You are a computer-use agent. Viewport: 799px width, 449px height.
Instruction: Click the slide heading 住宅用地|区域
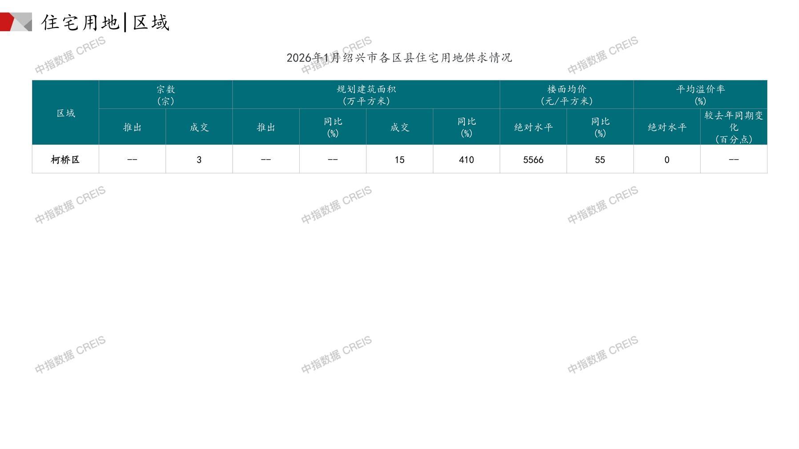[105, 23]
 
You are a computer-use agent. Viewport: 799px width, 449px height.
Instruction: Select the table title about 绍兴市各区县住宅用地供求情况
[399, 58]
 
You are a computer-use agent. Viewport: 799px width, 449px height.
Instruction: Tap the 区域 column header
[65, 113]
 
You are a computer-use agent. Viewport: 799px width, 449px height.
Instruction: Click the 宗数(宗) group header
[165, 95]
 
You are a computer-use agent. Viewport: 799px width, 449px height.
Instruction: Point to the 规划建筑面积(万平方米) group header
[366, 95]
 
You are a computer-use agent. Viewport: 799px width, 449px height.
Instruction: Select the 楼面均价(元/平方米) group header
[566, 95]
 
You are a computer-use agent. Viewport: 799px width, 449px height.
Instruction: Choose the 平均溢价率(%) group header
[700, 95]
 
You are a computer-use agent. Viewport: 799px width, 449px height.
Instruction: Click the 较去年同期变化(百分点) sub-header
[734, 127]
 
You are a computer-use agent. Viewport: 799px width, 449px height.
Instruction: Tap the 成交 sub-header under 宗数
[199, 128]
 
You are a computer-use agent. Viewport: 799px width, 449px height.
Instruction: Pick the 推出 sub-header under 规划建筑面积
[266, 128]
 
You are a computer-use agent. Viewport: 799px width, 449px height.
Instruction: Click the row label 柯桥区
[65, 160]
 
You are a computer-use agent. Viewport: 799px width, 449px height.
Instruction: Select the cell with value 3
[199, 160]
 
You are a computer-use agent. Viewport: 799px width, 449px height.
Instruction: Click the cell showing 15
[399, 160]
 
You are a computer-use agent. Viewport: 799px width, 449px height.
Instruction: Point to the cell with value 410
[466, 160]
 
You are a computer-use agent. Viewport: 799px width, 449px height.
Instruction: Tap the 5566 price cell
[533, 160]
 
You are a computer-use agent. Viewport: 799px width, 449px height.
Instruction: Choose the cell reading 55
[600, 160]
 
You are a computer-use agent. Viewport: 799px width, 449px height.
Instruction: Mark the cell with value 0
[667, 160]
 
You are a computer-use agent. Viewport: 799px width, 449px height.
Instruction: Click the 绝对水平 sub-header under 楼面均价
[533, 128]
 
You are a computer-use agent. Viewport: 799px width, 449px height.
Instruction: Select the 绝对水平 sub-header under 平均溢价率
[667, 128]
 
